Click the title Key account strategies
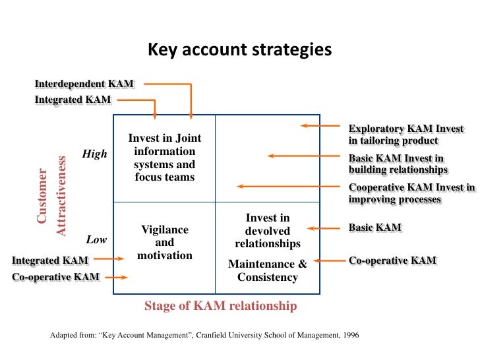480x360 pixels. click(x=239, y=50)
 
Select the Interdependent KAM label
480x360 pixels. click(x=84, y=84)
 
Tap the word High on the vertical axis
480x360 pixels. click(x=94, y=154)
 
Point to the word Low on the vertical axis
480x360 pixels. click(x=96, y=239)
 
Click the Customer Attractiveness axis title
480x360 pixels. click(x=51, y=196)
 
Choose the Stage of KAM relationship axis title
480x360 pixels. click(x=220, y=306)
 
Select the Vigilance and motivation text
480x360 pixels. click(x=165, y=242)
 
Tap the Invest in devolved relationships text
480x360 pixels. click(x=268, y=231)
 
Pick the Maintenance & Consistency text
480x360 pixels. click(x=268, y=270)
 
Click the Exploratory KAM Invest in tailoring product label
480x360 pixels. click(x=406, y=135)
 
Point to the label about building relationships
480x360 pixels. click(x=398, y=164)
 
